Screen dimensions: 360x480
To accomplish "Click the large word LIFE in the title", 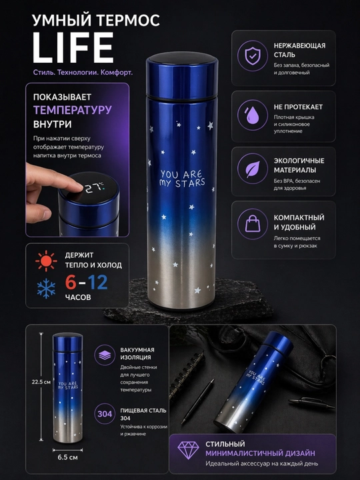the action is tap(73, 48).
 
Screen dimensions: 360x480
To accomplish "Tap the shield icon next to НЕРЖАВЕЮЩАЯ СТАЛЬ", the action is tap(252, 56).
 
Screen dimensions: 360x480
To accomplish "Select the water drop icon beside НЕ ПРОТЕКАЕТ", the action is tap(252, 115).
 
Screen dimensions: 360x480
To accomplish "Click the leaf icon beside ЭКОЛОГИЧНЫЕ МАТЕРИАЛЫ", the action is tap(253, 169).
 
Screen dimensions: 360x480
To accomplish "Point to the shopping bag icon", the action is tap(253, 223).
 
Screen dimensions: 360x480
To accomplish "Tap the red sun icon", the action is tap(46, 261).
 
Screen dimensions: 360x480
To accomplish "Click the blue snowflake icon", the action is tap(46, 289).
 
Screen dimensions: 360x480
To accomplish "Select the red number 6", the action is tap(71, 283).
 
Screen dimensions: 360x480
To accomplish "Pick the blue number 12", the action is tap(97, 283).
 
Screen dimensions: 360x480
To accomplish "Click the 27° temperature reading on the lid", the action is tap(94, 188).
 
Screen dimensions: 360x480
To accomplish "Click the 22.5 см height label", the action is tap(41, 382).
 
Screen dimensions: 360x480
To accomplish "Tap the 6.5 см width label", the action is tap(67, 457).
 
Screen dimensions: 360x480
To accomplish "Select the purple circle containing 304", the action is tap(105, 414).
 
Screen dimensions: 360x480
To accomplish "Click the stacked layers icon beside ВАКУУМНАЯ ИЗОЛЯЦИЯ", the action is tap(105, 355).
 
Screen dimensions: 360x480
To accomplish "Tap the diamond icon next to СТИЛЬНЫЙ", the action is tap(188, 450).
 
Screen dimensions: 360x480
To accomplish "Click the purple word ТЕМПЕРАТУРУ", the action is tap(73, 110).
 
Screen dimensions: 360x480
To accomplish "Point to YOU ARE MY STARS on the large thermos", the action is tap(183, 179).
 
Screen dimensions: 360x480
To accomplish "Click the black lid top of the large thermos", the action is tap(182, 58).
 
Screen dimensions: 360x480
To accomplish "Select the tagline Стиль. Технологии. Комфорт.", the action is tap(83, 73).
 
